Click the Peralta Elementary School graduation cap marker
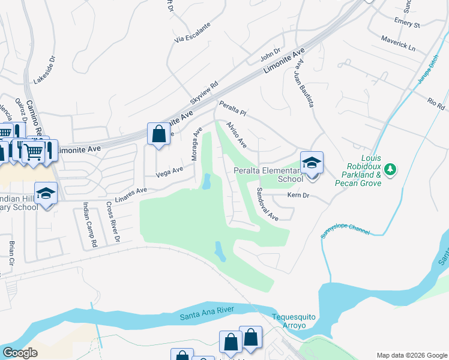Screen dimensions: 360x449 312,163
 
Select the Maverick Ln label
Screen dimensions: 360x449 398,43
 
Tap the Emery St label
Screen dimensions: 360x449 408,23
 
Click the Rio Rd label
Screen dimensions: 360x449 436,103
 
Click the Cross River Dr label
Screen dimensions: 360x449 112,222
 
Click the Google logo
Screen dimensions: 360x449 20,353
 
